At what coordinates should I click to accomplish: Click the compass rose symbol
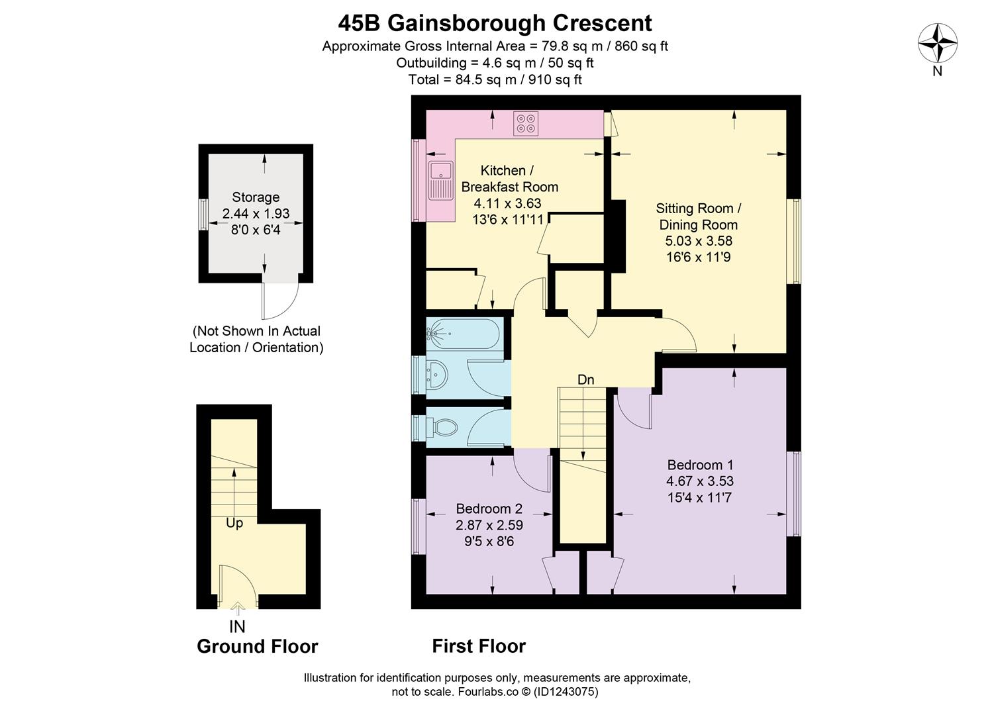click(938, 43)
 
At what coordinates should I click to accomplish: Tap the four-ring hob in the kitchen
click(526, 123)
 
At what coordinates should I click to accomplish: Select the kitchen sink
click(440, 180)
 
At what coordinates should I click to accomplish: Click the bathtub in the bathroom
click(464, 334)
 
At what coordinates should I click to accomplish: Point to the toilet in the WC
click(442, 427)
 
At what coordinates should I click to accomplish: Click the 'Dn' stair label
click(585, 379)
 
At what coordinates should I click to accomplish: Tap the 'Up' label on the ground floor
click(234, 524)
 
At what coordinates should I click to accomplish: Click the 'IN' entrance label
click(237, 626)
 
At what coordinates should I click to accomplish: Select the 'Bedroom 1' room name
click(700, 465)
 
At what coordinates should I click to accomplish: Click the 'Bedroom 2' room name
click(489, 508)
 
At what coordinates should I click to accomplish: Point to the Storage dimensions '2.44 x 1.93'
click(256, 213)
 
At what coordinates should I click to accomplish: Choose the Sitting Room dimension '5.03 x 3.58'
click(699, 241)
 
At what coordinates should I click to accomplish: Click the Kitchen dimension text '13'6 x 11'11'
click(508, 219)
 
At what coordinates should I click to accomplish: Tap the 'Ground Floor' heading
click(257, 647)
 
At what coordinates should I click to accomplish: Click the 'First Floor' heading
click(479, 647)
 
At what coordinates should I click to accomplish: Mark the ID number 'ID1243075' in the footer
click(566, 691)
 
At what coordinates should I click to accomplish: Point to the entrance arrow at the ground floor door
click(238, 608)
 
